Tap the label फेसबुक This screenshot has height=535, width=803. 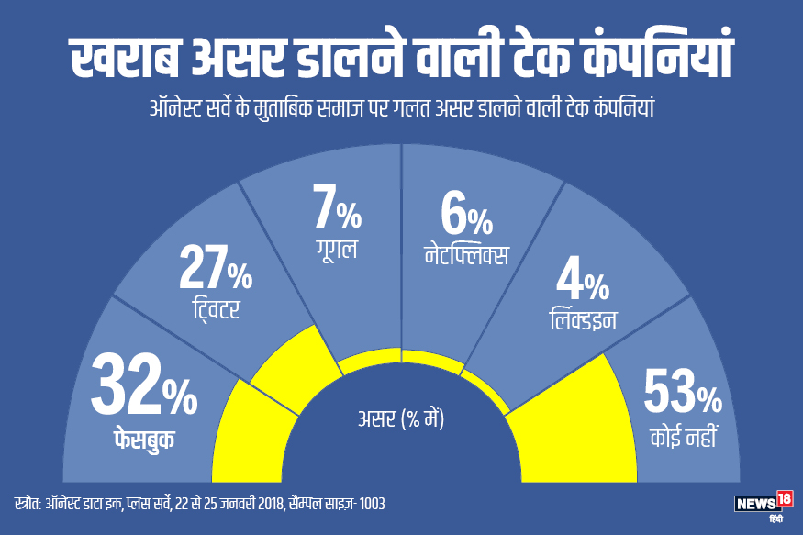coord(139,439)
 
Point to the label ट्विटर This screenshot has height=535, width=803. coord(211,309)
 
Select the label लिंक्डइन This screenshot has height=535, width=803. coord(578,320)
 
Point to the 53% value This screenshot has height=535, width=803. coord(682,394)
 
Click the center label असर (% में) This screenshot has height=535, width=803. coord(401,420)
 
